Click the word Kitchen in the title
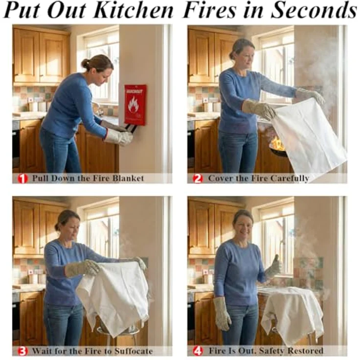[134, 10]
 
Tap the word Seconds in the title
[313, 10]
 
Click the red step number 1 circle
[22, 179]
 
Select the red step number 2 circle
[198, 179]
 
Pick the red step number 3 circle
[22, 351]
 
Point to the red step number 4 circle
[198, 351]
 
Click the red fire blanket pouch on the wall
[135, 105]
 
